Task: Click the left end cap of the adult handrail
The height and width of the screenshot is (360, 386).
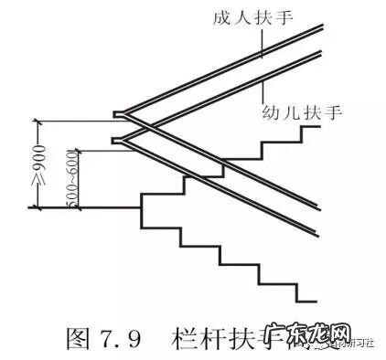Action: [117, 114]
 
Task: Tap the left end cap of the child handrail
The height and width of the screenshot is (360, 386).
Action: [115, 141]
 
